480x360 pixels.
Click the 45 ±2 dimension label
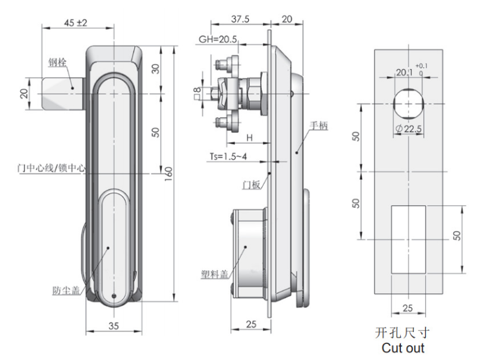click(x=76, y=23)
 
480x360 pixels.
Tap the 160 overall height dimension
click(x=169, y=174)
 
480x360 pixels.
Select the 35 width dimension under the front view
click(x=114, y=325)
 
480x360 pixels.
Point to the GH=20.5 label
click(x=218, y=39)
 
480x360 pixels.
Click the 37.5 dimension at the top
click(x=240, y=19)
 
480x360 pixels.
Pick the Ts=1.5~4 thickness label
click(x=228, y=156)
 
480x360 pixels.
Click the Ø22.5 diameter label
click(x=409, y=129)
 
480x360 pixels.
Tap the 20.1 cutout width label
click(x=404, y=73)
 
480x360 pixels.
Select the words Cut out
click(x=403, y=348)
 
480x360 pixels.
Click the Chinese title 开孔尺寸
click(x=402, y=333)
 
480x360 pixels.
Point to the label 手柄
click(x=319, y=126)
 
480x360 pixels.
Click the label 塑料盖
click(x=215, y=274)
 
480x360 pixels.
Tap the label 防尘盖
click(x=66, y=290)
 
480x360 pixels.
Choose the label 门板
click(x=252, y=184)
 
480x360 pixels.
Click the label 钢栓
click(x=57, y=62)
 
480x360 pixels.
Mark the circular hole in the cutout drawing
click(x=409, y=104)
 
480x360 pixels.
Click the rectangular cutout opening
click(x=409, y=239)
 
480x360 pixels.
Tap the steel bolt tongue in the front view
click(x=63, y=93)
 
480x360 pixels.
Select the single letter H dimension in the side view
click(x=249, y=138)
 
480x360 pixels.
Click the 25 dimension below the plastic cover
click(x=251, y=324)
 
